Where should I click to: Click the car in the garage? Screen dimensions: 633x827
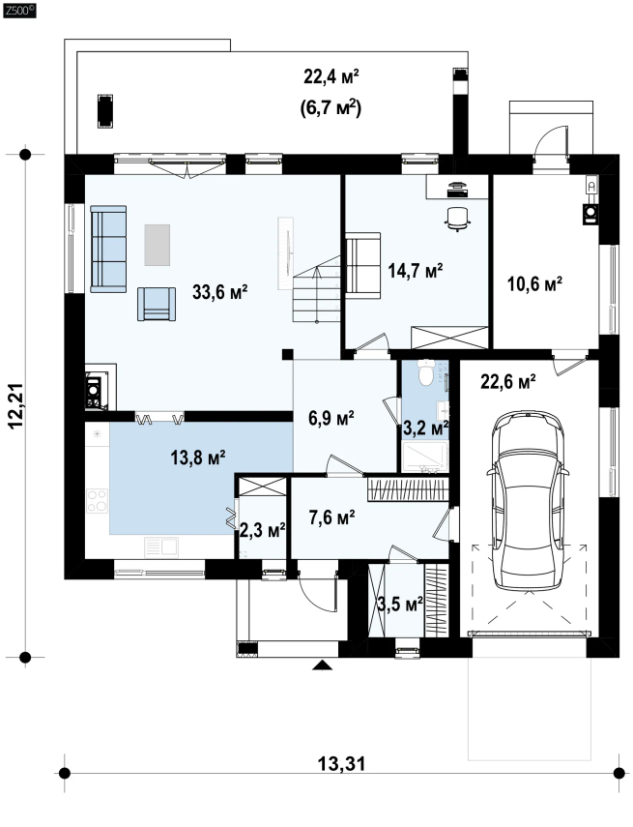click(x=528, y=500)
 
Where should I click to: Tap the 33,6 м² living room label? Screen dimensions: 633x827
click(x=219, y=292)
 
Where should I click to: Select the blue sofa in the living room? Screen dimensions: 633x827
click(x=108, y=249)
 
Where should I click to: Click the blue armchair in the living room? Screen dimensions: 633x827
click(x=157, y=304)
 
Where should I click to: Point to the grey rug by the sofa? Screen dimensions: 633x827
click(x=158, y=245)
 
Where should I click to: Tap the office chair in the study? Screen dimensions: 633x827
click(x=457, y=219)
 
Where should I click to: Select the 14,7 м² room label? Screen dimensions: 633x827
click(x=416, y=271)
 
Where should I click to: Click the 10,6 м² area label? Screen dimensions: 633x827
click(x=534, y=283)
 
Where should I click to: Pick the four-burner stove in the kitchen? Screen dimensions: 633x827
click(x=98, y=500)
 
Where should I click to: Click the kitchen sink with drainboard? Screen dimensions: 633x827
click(x=160, y=546)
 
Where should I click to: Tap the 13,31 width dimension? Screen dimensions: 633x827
click(x=341, y=763)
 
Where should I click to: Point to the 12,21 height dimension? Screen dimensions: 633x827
click(x=15, y=405)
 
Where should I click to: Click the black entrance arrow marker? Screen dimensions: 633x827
click(x=323, y=665)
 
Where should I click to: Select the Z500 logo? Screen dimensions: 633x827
click(x=19, y=10)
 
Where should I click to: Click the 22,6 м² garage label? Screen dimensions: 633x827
click(x=508, y=381)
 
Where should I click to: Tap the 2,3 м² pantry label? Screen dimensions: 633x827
click(x=263, y=530)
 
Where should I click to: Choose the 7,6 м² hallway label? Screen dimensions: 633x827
click(x=332, y=517)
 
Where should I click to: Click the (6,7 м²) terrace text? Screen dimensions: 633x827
click(x=331, y=108)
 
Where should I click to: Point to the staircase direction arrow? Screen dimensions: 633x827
click(x=316, y=294)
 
